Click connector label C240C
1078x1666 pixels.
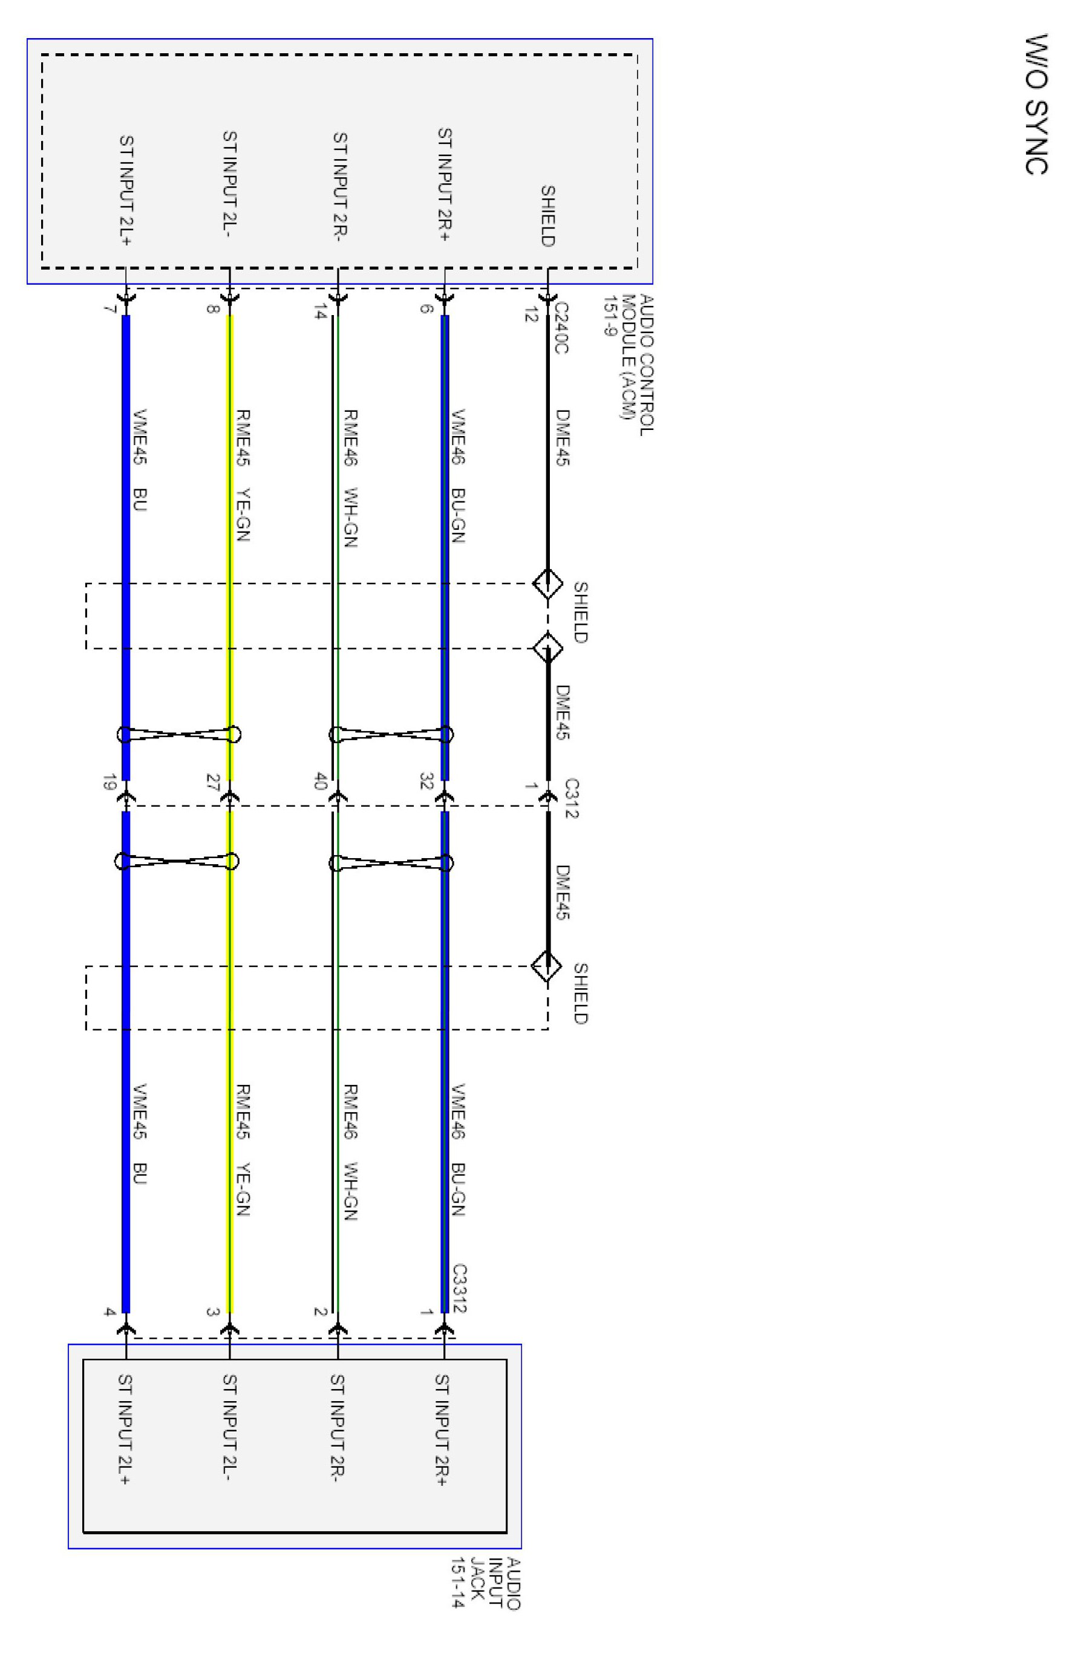click(x=561, y=328)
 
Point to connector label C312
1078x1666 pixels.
click(x=571, y=798)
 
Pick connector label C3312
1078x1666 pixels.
click(x=459, y=1287)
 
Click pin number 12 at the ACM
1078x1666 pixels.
click(x=530, y=315)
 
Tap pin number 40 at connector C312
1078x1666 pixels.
click(x=321, y=781)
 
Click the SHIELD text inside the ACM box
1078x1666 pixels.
click(x=547, y=215)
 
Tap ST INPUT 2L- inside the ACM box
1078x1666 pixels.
click(x=230, y=183)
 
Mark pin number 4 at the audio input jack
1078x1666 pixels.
click(x=109, y=1312)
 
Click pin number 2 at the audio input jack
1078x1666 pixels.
click(x=321, y=1312)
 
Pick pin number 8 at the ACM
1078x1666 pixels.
click(x=214, y=309)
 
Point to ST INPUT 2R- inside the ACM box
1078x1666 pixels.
click(x=339, y=183)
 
